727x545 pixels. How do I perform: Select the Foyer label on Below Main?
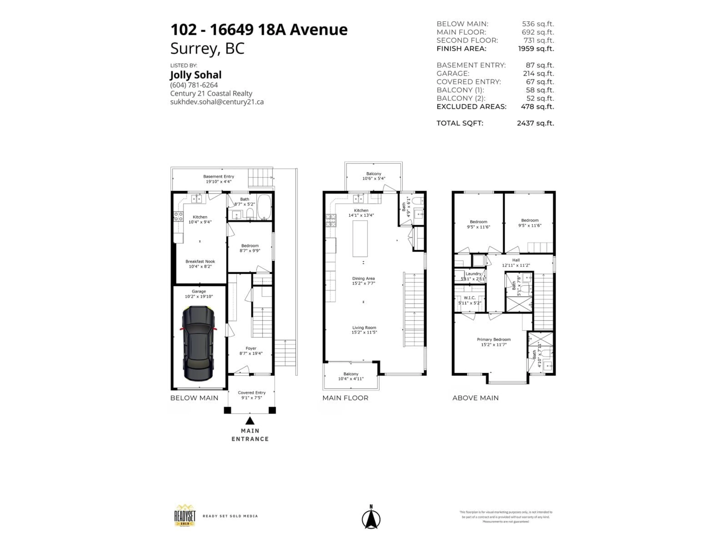coord(251,348)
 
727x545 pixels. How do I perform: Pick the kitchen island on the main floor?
coord(360,238)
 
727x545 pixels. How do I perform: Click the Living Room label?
coord(364,328)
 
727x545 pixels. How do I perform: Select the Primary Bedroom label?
coord(494,339)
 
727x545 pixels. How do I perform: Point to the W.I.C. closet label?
coord(470,298)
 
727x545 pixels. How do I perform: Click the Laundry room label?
coord(473,274)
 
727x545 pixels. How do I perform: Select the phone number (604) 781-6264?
coord(194,85)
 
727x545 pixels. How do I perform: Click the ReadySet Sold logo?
coord(185,516)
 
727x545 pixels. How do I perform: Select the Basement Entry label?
coord(218,176)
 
